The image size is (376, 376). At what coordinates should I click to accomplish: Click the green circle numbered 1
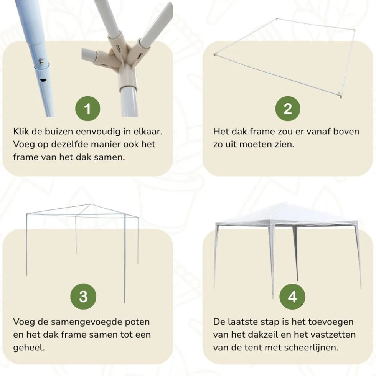[87, 109]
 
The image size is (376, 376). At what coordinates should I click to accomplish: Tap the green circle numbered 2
[288, 109]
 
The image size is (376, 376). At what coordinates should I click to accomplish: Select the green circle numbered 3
[83, 296]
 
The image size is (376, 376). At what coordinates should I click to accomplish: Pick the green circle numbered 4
[292, 296]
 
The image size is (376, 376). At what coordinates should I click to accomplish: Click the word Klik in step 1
[21, 131]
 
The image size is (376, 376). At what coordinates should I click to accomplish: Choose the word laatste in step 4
[241, 322]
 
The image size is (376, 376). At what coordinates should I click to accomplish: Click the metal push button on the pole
[41, 61]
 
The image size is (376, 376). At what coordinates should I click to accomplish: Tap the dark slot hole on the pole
[43, 80]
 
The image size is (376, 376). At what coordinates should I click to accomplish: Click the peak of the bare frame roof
[90, 204]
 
